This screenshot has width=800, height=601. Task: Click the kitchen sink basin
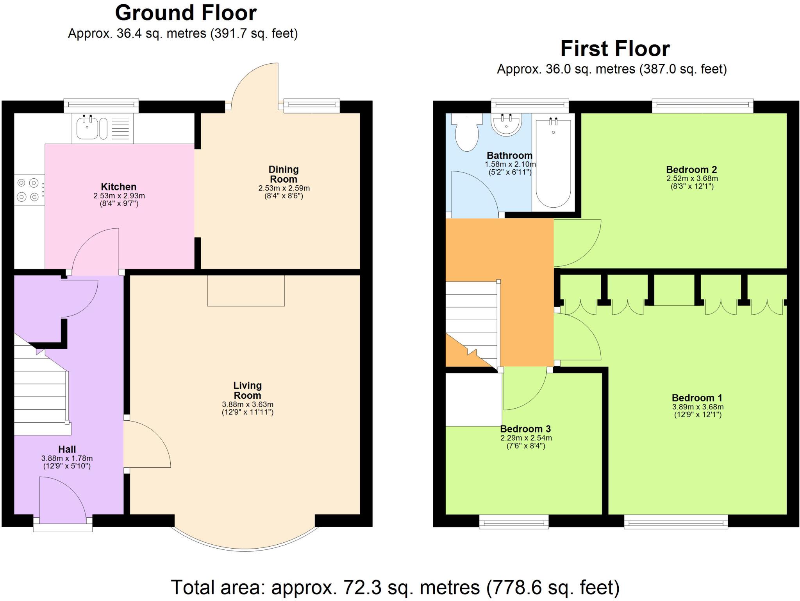click(87, 128)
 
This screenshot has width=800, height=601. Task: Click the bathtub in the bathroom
click(553, 164)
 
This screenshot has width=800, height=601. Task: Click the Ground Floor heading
click(186, 13)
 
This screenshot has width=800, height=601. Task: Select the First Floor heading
click(615, 49)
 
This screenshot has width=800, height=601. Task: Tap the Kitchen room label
click(118, 187)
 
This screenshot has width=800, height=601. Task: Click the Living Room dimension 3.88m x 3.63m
click(247, 404)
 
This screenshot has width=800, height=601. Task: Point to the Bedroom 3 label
click(525, 429)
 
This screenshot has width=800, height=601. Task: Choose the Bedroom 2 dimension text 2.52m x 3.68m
click(692, 178)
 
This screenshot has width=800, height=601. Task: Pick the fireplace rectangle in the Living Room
click(246, 291)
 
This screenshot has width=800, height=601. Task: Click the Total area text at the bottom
click(395, 587)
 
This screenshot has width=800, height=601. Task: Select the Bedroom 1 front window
click(676, 522)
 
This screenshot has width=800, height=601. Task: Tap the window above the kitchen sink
click(101, 105)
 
